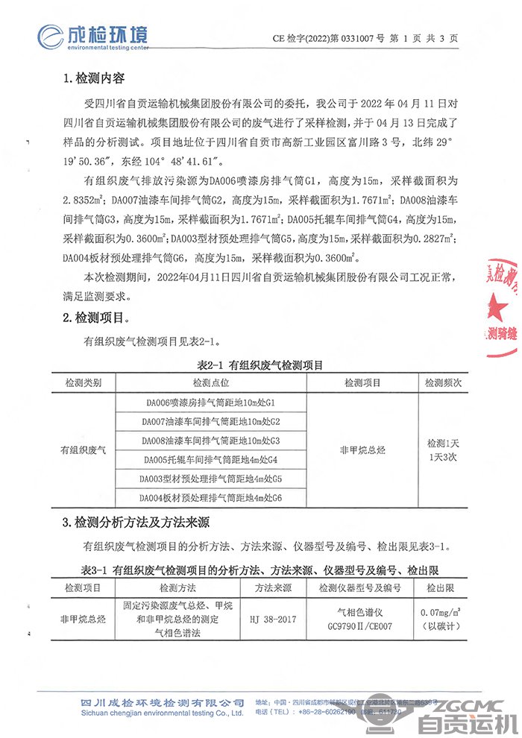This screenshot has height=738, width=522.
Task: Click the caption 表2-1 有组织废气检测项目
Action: point(260,365)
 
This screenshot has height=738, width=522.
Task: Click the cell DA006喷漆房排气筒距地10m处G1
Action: point(213,403)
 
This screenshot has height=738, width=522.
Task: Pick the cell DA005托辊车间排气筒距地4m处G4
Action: point(213,459)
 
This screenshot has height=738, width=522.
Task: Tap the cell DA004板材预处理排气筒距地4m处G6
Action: point(213,497)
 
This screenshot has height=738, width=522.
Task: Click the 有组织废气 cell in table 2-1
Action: point(84,450)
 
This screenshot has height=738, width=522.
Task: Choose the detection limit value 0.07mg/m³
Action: point(440,613)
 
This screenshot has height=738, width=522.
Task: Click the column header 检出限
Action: point(440,588)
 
